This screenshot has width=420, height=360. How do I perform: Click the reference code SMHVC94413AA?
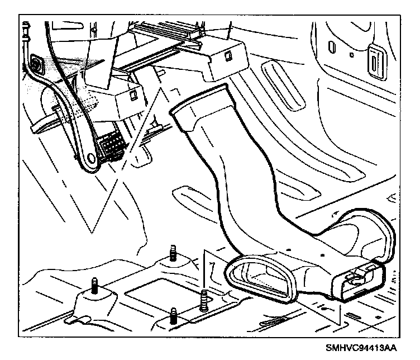[361, 347]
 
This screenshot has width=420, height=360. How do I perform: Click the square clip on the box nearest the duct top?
[135, 94]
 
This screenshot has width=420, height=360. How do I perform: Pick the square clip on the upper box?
[228, 55]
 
